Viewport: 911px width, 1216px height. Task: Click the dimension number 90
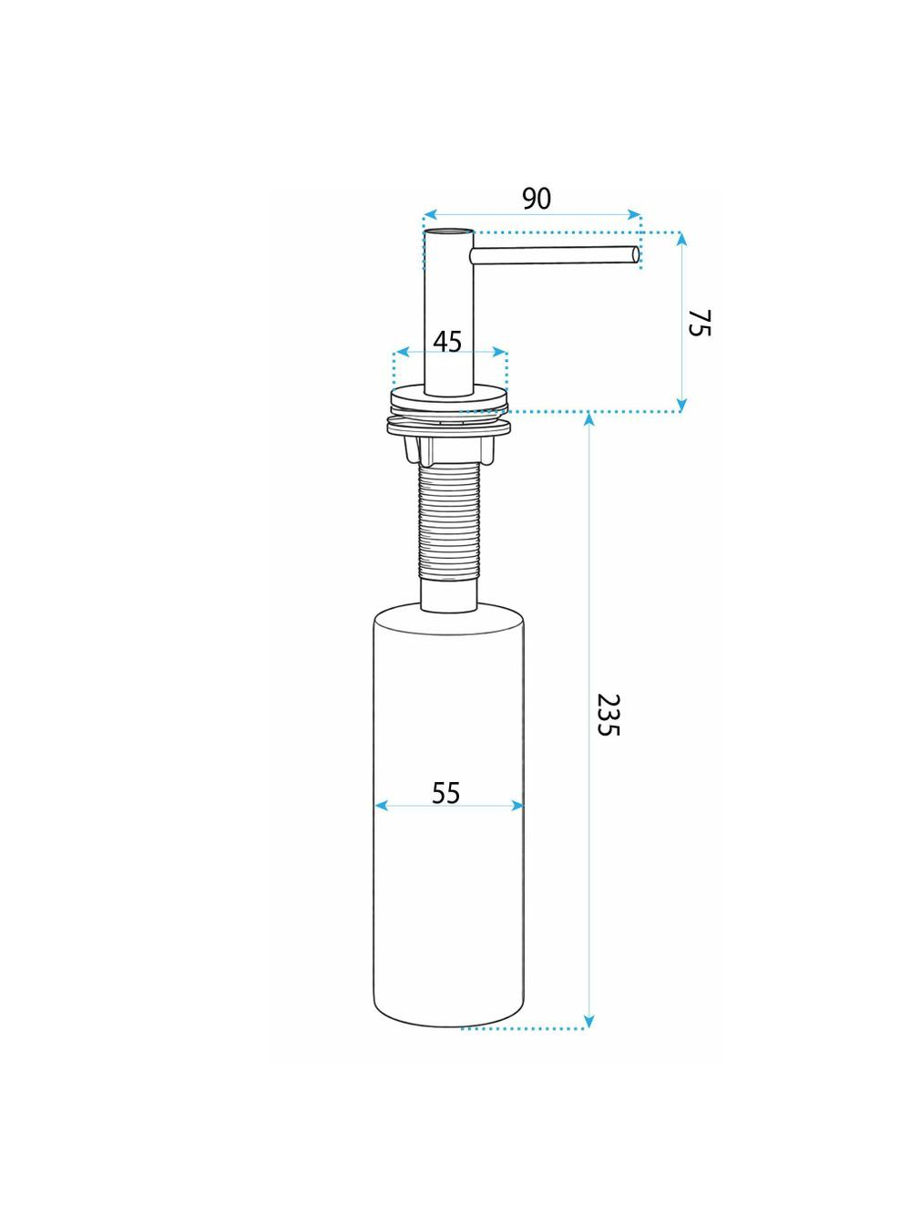tap(537, 200)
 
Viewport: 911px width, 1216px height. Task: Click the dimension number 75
tap(699, 323)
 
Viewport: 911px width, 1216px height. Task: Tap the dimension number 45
tap(447, 342)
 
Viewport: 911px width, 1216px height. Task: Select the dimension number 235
tap(609, 715)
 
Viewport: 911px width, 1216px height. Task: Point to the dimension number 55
tap(446, 793)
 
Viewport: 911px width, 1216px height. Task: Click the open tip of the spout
tap(635, 254)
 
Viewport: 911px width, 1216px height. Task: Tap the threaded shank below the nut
tap(448, 521)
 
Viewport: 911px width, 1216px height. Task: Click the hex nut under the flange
tap(448, 448)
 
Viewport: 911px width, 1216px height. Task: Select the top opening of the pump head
tap(449, 231)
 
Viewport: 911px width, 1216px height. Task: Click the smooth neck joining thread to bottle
tap(449, 595)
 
